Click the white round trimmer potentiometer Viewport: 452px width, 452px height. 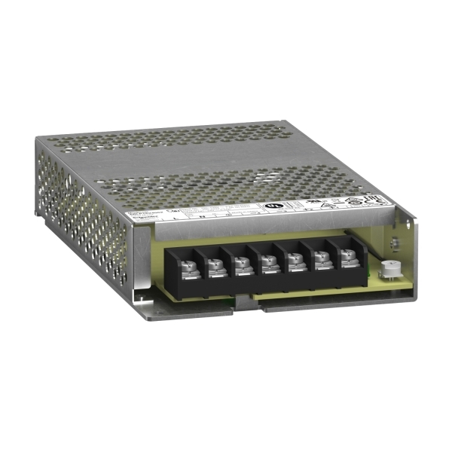[x=389, y=267]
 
